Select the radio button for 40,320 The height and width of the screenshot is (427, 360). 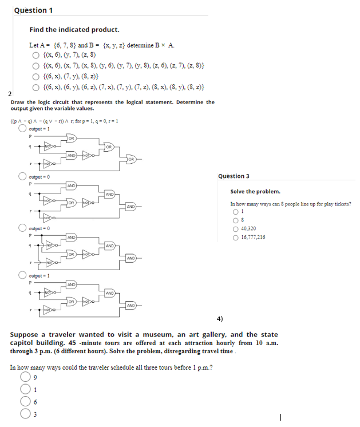click(x=234, y=228)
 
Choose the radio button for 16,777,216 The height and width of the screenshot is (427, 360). click(x=234, y=237)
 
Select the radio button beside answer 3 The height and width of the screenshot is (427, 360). click(x=24, y=415)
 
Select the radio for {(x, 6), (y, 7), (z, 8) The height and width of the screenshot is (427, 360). click(x=35, y=55)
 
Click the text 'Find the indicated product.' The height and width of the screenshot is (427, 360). click(x=74, y=30)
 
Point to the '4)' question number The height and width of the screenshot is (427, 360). click(x=220, y=318)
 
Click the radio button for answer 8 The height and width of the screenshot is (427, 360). click(x=234, y=219)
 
